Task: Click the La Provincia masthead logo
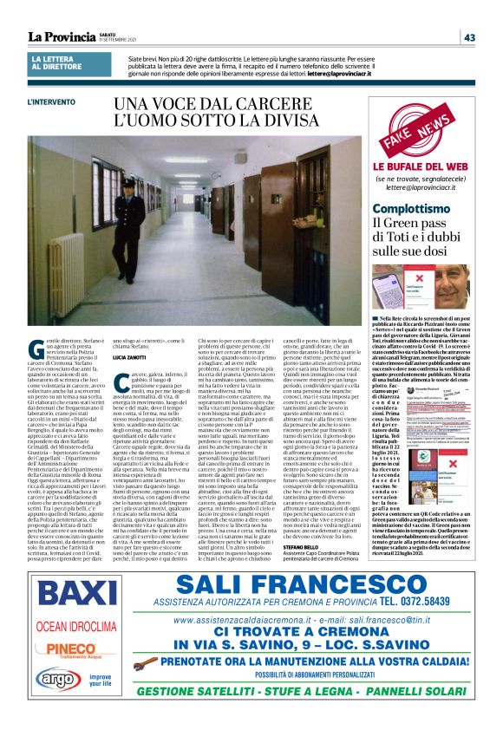[61, 36]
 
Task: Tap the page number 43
[469, 37]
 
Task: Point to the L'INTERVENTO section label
[51, 102]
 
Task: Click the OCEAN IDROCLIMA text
[64, 627]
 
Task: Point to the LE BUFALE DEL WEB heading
[408, 166]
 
